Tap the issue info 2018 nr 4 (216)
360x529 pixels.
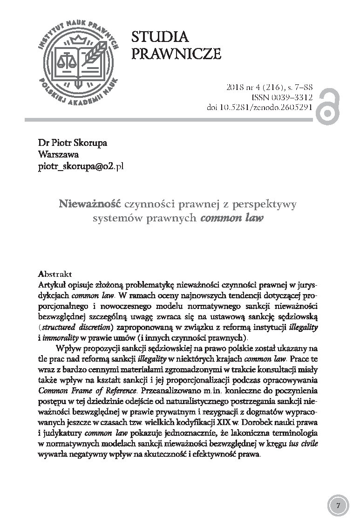(x=253, y=87)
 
